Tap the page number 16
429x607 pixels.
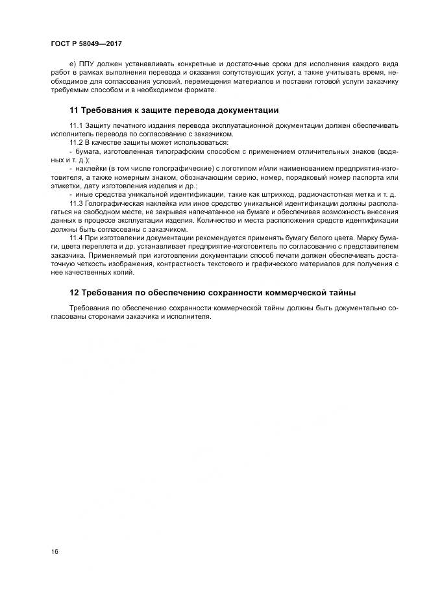pos(55,551)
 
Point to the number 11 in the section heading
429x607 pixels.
pos(73,110)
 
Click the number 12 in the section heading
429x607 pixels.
pos(73,293)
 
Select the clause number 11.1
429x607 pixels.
pos(75,125)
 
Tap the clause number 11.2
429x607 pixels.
pos(75,142)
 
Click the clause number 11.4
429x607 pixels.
pos(75,238)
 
